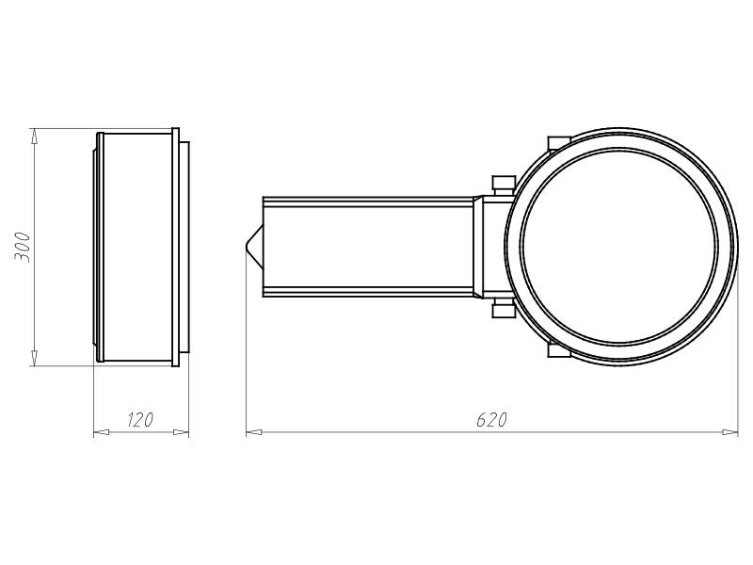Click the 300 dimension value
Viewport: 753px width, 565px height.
pos(22,247)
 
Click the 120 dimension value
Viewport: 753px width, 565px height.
pos(140,419)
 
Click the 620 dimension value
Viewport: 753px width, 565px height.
pos(491,419)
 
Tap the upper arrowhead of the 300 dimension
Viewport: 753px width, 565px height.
pos(34,136)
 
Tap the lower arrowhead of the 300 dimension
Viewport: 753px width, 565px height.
pos(34,358)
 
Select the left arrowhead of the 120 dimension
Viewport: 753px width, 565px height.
pos(101,432)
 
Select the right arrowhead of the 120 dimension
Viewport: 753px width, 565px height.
pos(181,432)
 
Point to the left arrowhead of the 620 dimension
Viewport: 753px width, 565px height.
pos(254,432)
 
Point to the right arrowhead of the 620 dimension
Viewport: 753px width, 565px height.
pos(730,432)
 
